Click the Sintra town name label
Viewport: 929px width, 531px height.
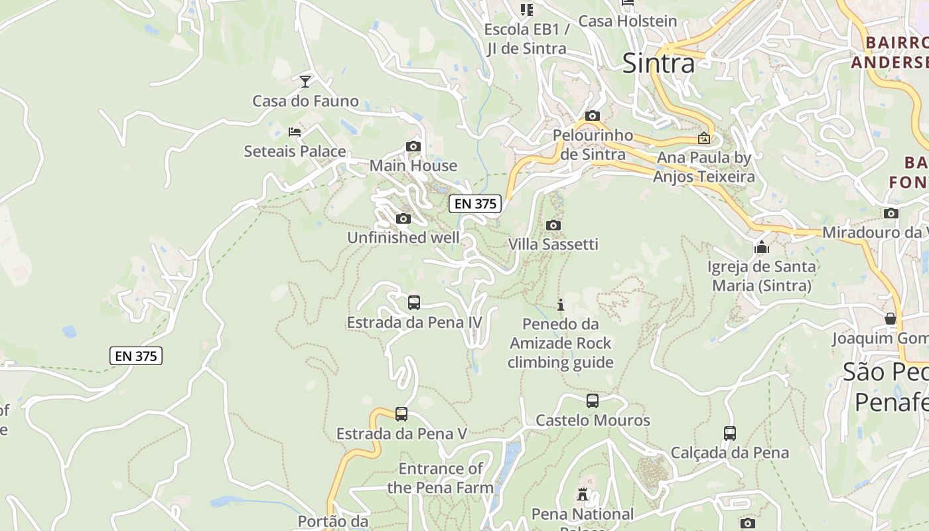coord(658,63)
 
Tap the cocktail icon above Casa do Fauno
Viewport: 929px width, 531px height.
coord(305,82)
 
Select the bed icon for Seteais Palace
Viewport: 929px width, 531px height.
coord(295,132)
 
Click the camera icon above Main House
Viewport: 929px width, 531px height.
coord(413,147)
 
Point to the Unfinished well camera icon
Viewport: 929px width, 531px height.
coord(403,218)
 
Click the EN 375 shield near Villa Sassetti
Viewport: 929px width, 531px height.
coord(475,204)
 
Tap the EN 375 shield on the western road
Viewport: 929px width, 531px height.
coord(136,356)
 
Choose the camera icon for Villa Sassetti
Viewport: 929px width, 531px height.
coord(553,225)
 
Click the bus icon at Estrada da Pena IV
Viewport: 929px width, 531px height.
coord(414,303)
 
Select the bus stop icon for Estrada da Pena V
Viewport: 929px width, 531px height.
coord(401,414)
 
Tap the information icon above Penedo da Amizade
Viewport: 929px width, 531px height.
coord(561,305)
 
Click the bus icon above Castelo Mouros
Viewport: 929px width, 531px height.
coord(593,401)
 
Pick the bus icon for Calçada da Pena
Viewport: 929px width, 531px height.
coord(730,433)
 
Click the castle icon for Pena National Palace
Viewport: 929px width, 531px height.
coord(583,494)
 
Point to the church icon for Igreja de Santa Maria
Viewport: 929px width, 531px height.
coord(762,248)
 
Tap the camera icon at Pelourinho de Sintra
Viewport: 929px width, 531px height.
coord(593,116)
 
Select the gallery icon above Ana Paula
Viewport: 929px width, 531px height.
coord(704,139)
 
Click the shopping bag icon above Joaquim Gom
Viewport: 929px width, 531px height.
coord(891,319)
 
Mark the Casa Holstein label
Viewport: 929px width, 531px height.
coord(628,21)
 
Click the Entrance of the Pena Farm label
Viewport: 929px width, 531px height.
coord(441,478)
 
